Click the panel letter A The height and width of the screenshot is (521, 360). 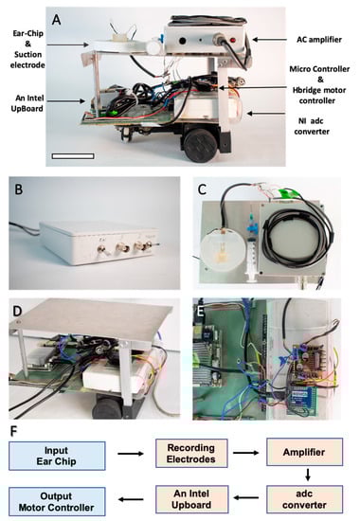click(x=57, y=20)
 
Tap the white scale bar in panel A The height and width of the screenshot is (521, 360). click(x=73, y=156)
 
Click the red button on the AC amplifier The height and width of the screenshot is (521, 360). click(x=233, y=41)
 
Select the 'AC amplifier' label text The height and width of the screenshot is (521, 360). click(x=319, y=40)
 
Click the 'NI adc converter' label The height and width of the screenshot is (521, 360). click(x=312, y=126)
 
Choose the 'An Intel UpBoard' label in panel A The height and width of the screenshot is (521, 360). click(x=27, y=103)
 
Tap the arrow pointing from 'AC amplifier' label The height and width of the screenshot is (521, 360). click(x=269, y=40)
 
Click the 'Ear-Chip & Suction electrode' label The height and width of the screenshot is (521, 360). click(x=27, y=49)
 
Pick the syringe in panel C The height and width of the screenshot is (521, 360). click(x=251, y=250)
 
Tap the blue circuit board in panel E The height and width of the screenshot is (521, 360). click(x=302, y=401)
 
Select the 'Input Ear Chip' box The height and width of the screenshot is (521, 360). click(x=57, y=456)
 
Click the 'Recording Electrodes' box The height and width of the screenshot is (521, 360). click(x=191, y=453)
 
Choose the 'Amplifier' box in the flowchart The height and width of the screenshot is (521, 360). click(x=304, y=452)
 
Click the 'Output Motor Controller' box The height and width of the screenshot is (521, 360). click(x=57, y=502)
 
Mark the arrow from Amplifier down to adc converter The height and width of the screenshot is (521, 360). click(x=308, y=475)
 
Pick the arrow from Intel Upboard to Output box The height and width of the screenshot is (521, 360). click(x=131, y=499)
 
